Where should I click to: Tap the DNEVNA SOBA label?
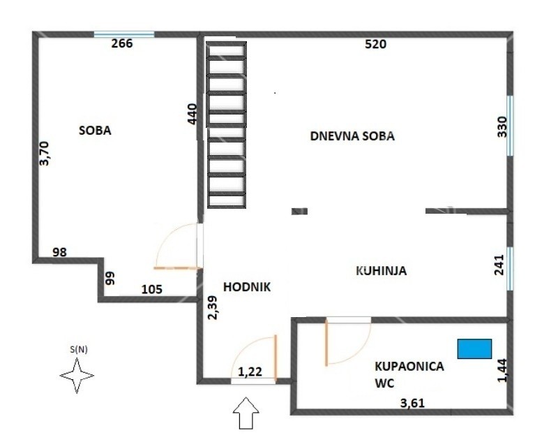(x=352, y=136)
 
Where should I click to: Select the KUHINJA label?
(x=381, y=271)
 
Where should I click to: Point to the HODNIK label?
(x=247, y=286)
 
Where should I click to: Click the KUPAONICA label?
(x=409, y=366)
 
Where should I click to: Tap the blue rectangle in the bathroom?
(x=474, y=348)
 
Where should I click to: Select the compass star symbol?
(x=77, y=377)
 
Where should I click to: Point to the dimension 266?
(x=122, y=43)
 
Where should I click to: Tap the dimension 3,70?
(x=45, y=153)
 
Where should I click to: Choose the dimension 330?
(x=502, y=127)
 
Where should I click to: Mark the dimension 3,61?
(x=413, y=402)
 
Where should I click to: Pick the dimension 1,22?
(x=250, y=372)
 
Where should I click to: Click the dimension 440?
(x=193, y=114)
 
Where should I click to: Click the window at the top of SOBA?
(x=124, y=33)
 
